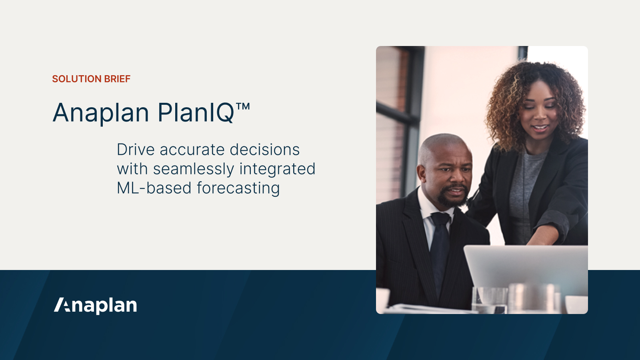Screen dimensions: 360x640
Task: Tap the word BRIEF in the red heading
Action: (x=117, y=79)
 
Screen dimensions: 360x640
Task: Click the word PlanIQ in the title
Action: (x=196, y=113)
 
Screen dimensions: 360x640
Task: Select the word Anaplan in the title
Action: (x=101, y=113)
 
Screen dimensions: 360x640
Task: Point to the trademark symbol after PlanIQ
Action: (x=243, y=107)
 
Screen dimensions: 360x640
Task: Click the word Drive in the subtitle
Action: (x=136, y=150)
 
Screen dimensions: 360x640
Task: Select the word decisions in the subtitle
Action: (x=264, y=150)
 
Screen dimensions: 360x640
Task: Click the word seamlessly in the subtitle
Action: (x=193, y=169)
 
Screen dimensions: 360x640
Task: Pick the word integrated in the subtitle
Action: (x=277, y=169)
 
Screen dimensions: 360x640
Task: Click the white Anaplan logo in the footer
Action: (x=96, y=305)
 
